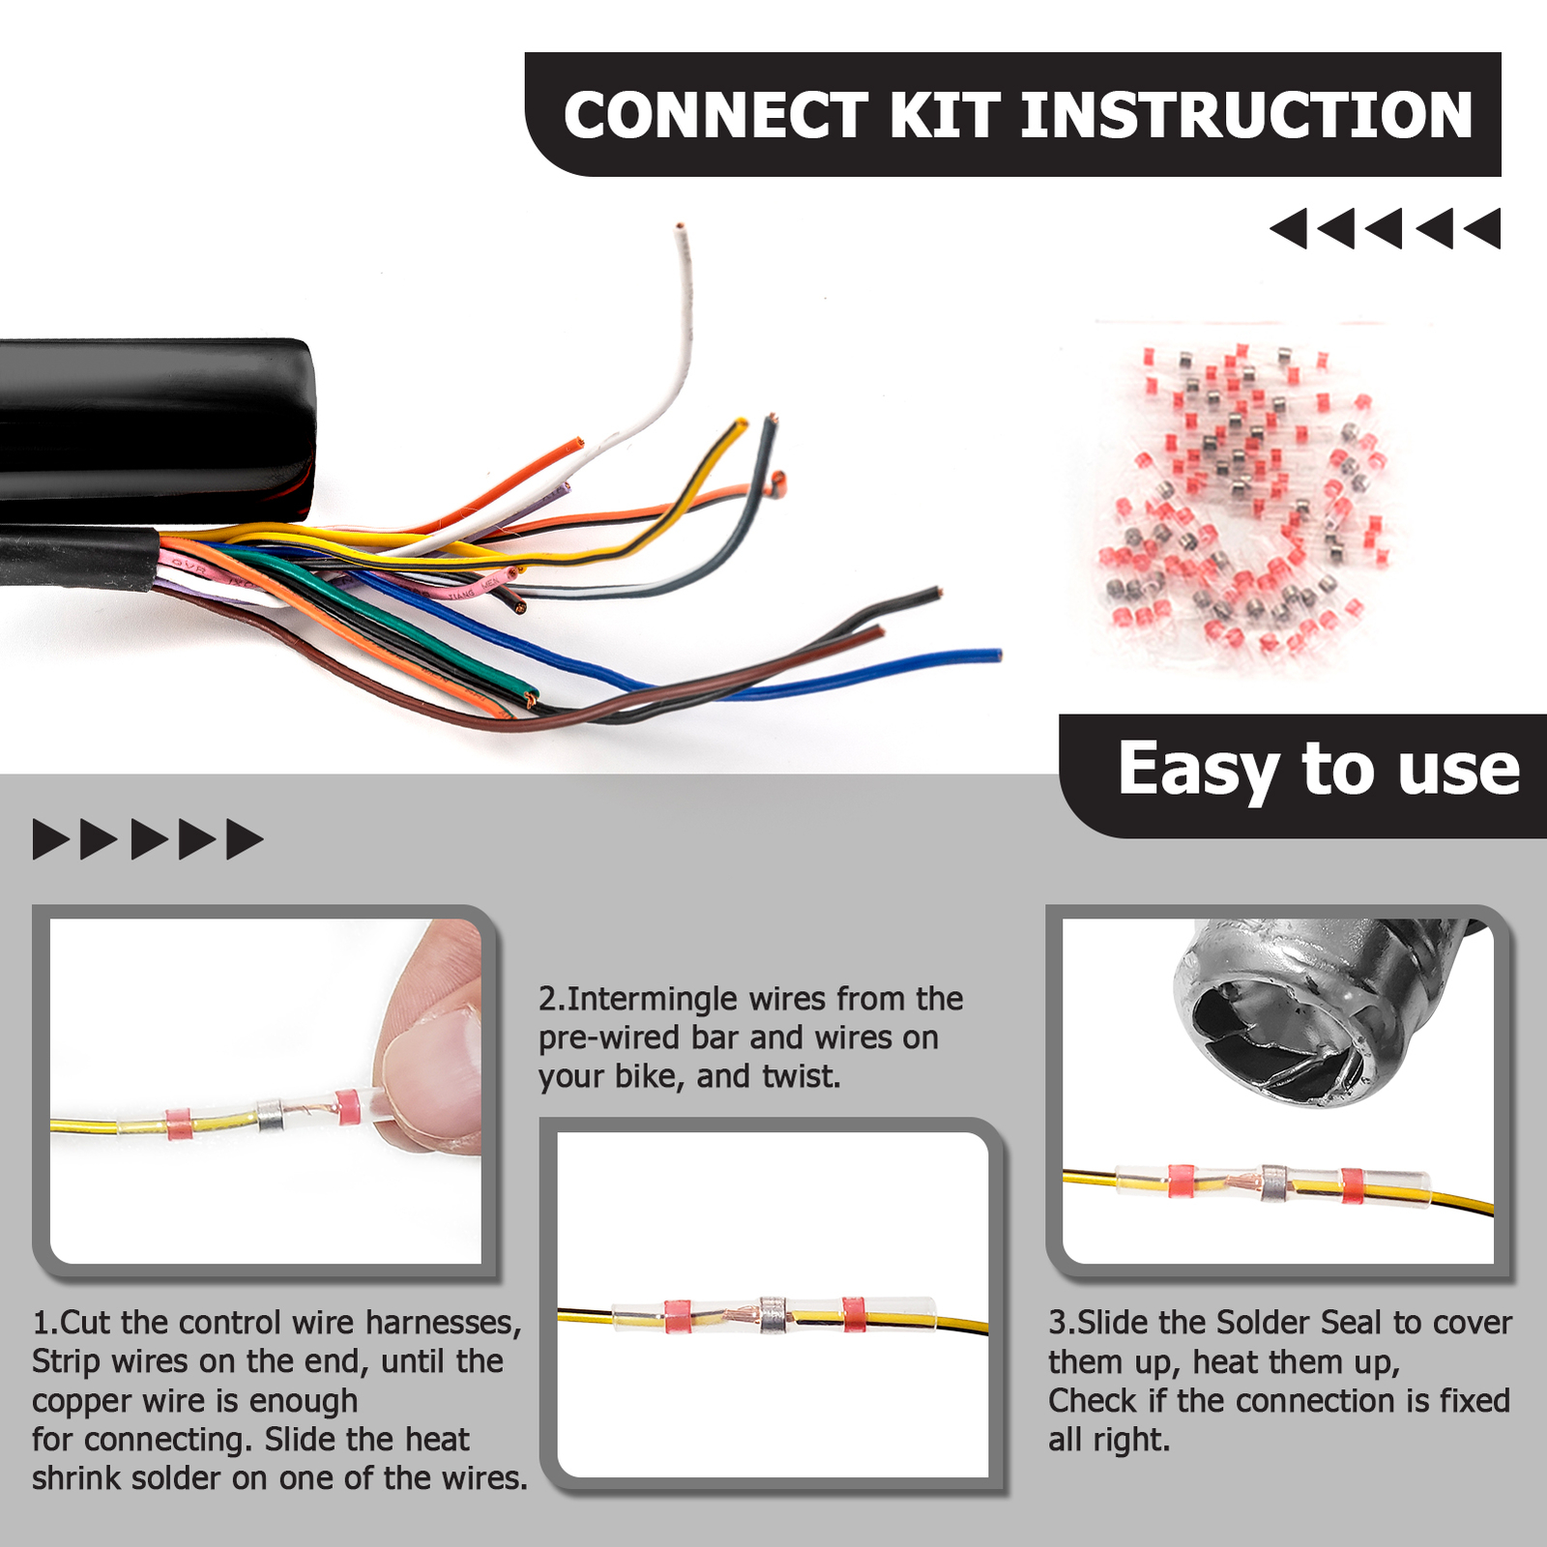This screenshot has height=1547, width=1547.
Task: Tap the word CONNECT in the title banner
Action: pyautogui.click(x=716, y=116)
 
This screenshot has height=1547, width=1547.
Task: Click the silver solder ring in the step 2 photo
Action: pyautogui.click(x=772, y=1315)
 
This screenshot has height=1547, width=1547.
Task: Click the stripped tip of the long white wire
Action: pyautogui.click(x=680, y=229)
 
